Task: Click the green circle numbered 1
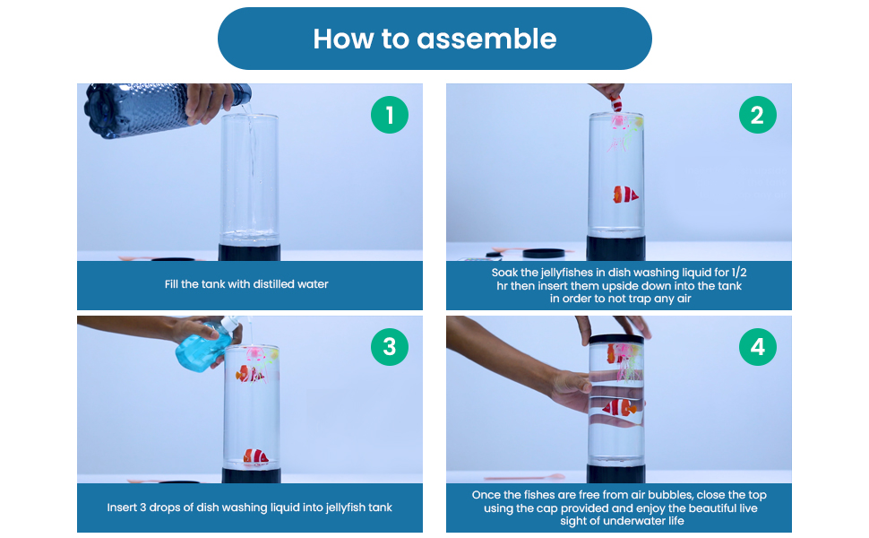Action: (x=390, y=115)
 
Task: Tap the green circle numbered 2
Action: (x=758, y=115)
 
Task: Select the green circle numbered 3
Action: (x=390, y=347)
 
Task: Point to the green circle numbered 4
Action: (x=758, y=347)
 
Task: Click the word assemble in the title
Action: (x=486, y=39)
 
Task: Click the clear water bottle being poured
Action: (x=168, y=108)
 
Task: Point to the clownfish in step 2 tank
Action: (x=625, y=195)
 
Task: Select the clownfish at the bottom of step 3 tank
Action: (x=255, y=456)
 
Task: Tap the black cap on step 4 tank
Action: (x=615, y=339)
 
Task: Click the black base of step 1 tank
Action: (x=249, y=252)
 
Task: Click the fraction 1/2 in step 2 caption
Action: (x=739, y=273)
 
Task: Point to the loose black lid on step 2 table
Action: (x=544, y=254)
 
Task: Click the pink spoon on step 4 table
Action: (x=524, y=477)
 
